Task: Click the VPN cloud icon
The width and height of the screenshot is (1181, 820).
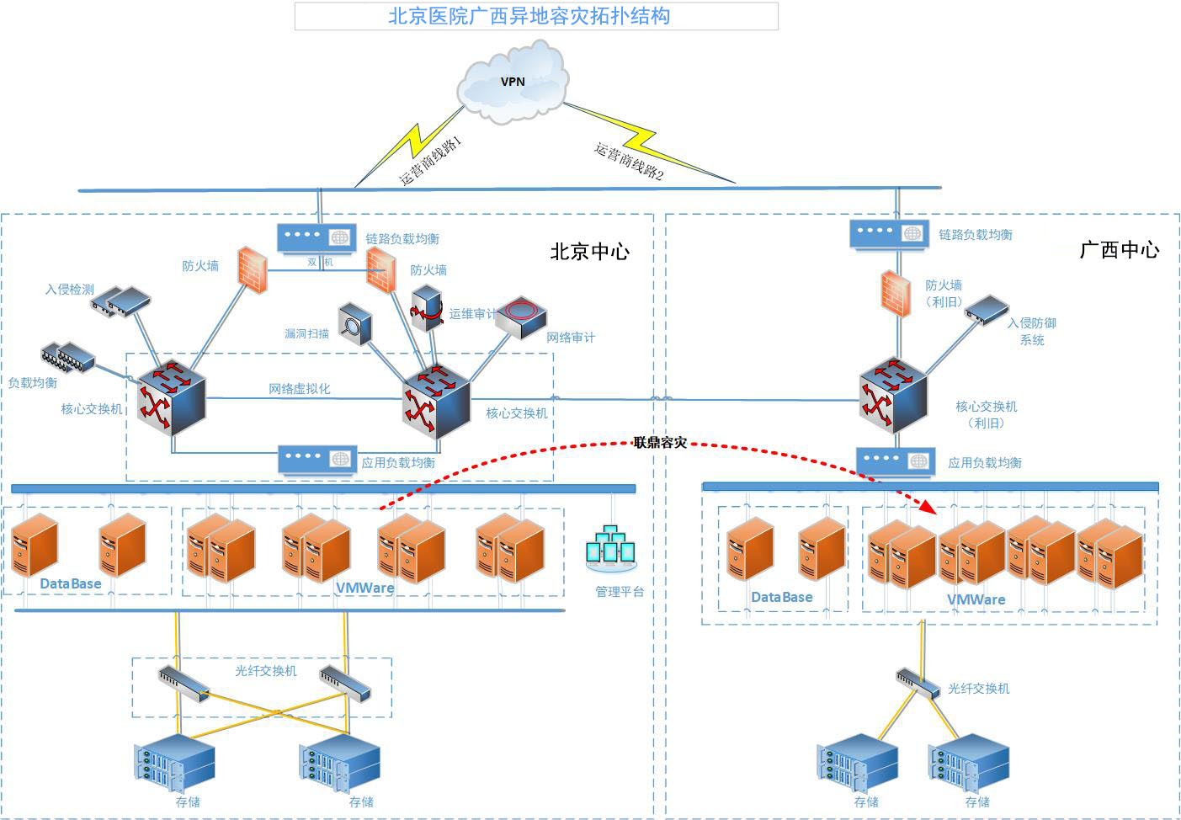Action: (x=512, y=83)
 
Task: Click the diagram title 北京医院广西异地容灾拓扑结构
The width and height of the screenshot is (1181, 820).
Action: (x=529, y=16)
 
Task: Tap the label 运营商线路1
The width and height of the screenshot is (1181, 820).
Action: (x=430, y=160)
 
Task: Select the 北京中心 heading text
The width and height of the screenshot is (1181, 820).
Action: (x=589, y=252)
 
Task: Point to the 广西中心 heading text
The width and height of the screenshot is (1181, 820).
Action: (x=1119, y=250)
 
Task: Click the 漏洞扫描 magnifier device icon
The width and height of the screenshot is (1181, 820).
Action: (x=354, y=324)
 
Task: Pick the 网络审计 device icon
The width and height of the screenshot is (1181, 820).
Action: (x=522, y=317)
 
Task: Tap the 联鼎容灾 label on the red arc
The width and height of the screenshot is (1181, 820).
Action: (x=660, y=442)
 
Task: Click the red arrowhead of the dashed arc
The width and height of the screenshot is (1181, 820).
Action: (x=928, y=506)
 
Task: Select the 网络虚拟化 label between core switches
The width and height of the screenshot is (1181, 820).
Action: (x=300, y=388)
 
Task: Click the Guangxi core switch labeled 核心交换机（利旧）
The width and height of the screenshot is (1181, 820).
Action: (x=892, y=395)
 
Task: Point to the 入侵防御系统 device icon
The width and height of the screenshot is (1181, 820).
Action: (x=986, y=309)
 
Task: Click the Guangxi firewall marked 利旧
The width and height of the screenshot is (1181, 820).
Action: (x=896, y=293)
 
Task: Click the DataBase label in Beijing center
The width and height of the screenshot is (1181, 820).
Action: (x=71, y=583)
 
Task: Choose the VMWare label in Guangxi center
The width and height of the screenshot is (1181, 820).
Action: (x=976, y=599)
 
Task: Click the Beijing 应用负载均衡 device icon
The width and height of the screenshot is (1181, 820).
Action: (x=317, y=460)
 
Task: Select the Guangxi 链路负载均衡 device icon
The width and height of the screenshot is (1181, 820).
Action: (x=889, y=233)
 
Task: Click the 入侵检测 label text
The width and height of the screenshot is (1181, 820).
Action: (x=70, y=290)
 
